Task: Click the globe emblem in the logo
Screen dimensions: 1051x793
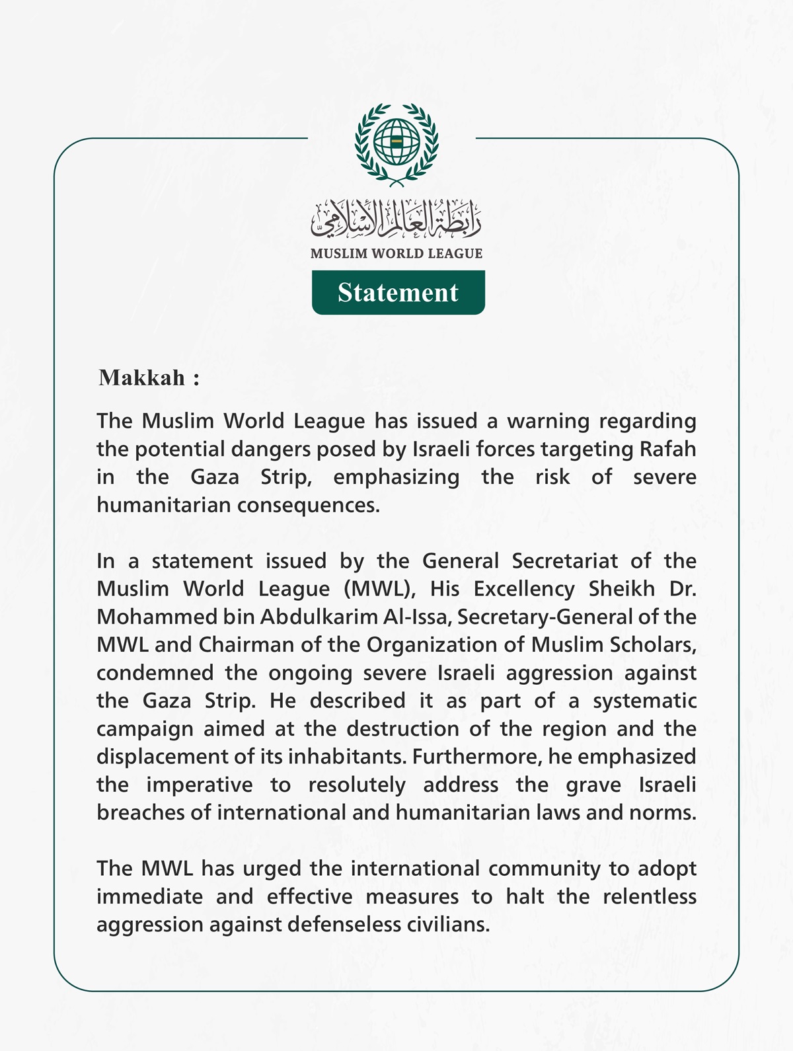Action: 397,143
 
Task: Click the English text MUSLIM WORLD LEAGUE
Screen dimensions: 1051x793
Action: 397,253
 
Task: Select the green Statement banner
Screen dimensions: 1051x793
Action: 398,292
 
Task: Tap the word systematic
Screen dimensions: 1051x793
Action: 644,701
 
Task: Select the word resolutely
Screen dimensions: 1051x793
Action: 357,785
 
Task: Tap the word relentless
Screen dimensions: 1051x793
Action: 650,896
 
